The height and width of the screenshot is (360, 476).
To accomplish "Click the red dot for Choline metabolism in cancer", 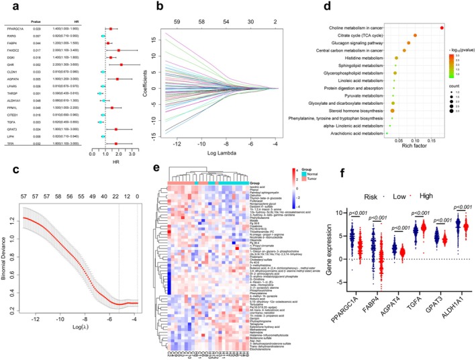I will coord(442,27).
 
